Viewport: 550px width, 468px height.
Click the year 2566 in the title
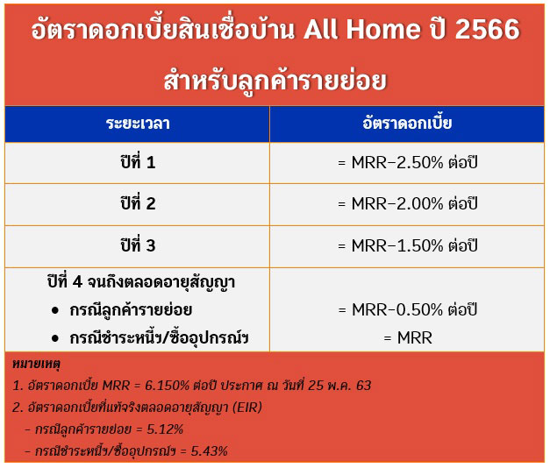487,29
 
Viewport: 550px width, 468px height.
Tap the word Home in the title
383,29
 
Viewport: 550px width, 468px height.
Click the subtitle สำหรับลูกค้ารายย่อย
275,81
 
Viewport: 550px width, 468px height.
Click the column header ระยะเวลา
138,124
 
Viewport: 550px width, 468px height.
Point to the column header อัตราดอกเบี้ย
407,123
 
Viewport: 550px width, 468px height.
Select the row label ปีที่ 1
138,162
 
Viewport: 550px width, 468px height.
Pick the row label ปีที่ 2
138,203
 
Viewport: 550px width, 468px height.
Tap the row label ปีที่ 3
138,245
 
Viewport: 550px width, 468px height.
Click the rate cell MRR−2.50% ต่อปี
408,163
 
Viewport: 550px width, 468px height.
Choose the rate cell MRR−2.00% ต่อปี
408,203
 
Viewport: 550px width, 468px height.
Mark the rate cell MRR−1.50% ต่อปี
408,245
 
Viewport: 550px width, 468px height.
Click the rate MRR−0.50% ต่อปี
408,309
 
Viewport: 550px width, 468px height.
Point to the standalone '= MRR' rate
408,338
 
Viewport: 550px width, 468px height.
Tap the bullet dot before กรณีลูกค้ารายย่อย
55,310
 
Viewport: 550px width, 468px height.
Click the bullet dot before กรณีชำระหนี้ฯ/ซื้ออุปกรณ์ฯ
55,338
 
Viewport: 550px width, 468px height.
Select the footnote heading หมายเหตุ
37,364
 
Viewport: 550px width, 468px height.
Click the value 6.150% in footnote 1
168,386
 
